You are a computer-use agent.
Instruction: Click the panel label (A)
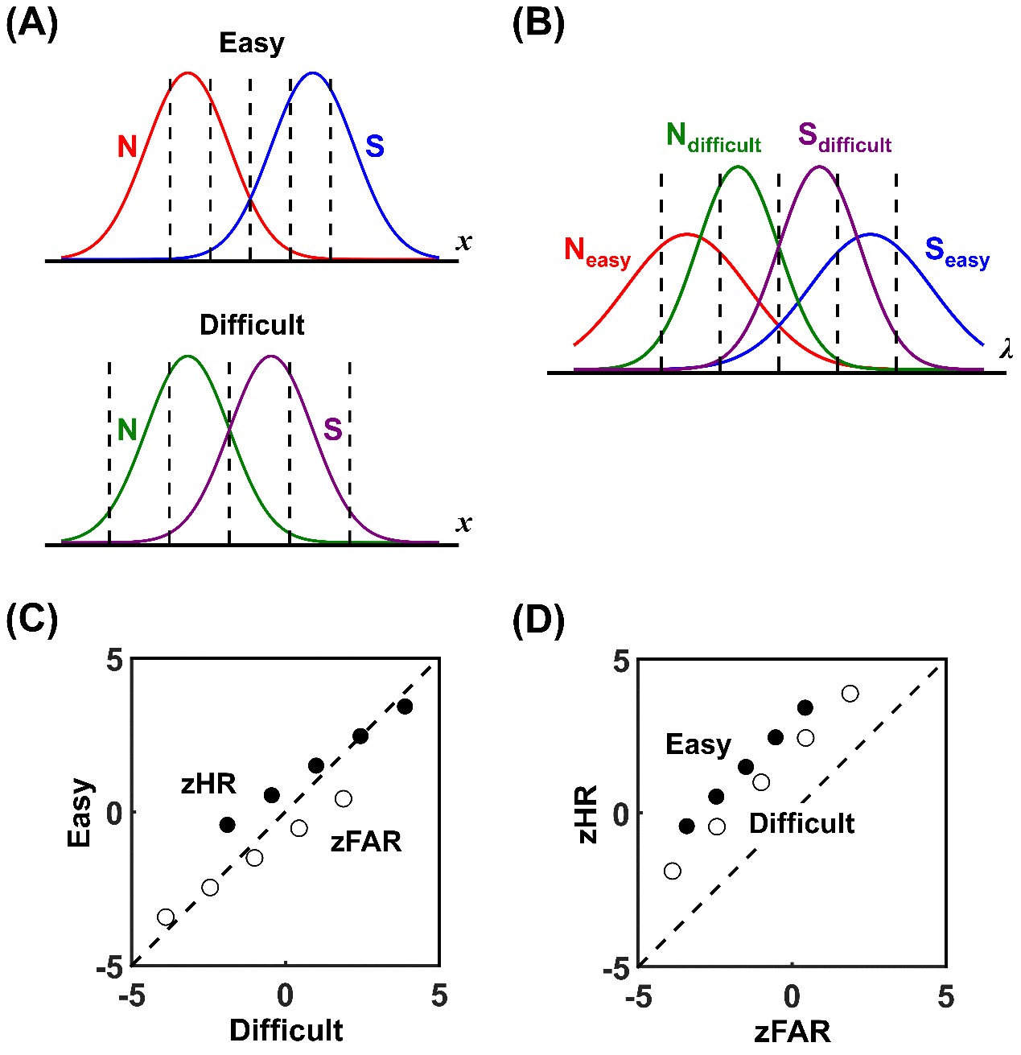pos(32,24)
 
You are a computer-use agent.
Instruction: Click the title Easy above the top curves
pos(252,43)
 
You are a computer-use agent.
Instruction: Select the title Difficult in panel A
pos(252,325)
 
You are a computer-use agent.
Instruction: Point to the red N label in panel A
pos(127,147)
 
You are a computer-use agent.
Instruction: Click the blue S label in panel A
pos(374,146)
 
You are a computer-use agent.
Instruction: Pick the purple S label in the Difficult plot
pos(333,430)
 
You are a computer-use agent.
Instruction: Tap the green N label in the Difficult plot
pos(127,431)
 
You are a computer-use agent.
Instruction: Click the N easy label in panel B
pos(597,251)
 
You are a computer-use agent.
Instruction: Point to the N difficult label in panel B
pos(713,138)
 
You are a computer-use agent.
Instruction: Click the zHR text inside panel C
pos(208,784)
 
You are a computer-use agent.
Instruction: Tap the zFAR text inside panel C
pos(366,842)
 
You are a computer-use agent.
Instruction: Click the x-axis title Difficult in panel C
pos(286,1030)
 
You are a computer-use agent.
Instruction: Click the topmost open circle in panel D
pos(850,694)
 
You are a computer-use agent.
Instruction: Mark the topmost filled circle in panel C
pos(405,707)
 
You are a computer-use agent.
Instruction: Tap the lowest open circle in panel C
pos(166,917)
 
